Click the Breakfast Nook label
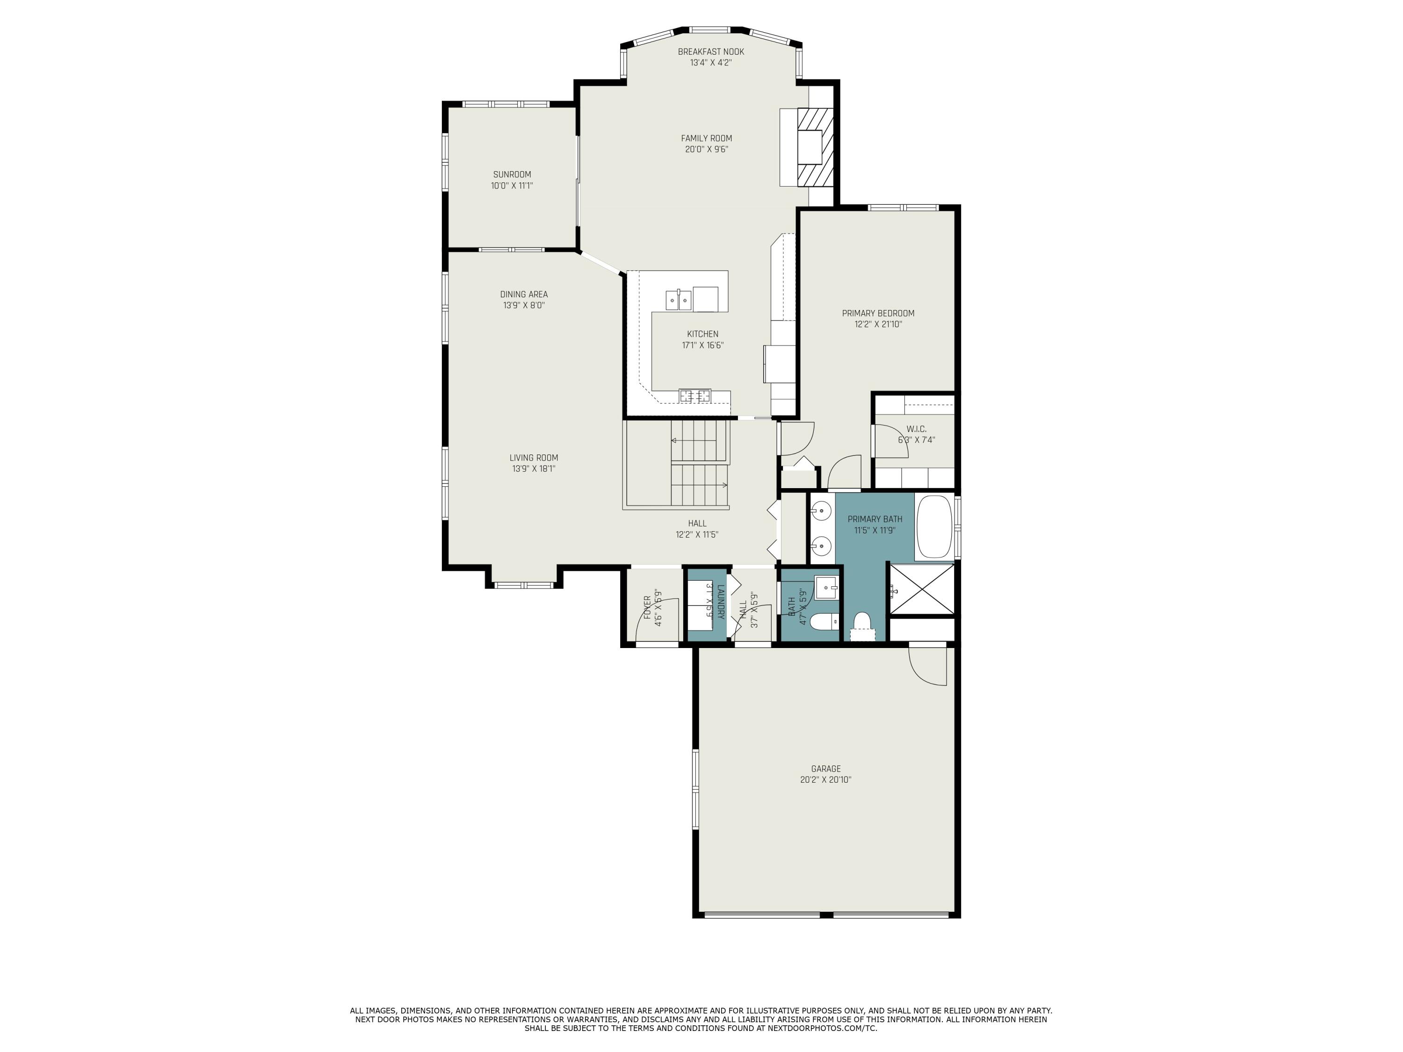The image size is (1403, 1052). pyautogui.click(x=710, y=52)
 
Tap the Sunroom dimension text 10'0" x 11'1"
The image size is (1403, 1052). pyautogui.click(x=511, y=186)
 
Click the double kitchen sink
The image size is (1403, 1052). pyautogui.click(x=678, y=299)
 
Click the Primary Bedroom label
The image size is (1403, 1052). pyautogui.click(x=878, y=313)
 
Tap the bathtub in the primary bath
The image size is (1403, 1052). pyautogui.click(x=934, y=526)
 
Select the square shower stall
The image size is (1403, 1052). pyautogui.click(x=922, y=589)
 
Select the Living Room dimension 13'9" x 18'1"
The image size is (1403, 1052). pyautogui.click(x=534, y=468)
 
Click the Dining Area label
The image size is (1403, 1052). pyautogui.click(x=523, y=294)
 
